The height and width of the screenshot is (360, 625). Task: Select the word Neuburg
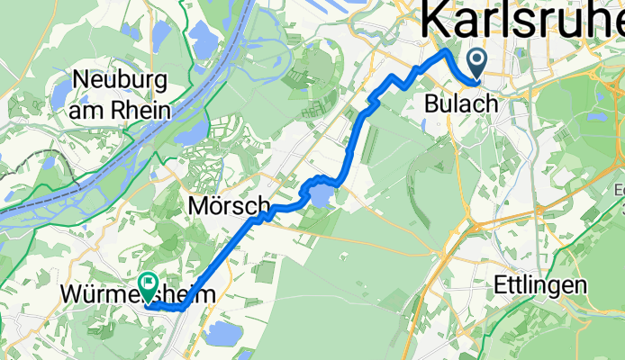(121, 80)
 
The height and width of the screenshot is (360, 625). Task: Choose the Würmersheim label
(139, 293)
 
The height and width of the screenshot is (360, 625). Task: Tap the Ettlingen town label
(540, 286)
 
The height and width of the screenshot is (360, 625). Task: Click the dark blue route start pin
(476, 62)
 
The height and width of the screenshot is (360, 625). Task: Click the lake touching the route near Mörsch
(320, 193)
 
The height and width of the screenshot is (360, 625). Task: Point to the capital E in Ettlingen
(501, 286)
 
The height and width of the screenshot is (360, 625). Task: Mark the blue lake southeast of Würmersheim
(220, 334)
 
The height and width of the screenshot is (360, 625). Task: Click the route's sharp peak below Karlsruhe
(445, 53)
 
